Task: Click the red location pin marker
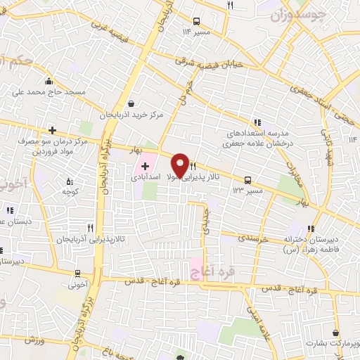click(x=180, y=165)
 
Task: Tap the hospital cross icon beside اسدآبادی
click(x=145, y=167)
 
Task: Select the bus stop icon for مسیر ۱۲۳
click(x=247, y=180)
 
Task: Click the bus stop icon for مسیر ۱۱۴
click(x=195, y=21)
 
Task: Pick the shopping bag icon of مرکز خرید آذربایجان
click(x=131, y=103)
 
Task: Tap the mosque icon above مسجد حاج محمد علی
click(x=48, y=81)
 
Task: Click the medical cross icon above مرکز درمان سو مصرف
click(x=52, y=130)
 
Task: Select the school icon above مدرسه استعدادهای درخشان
click(x=257, y=121)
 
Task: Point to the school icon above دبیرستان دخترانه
click(x=309, y=229)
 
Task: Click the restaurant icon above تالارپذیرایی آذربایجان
click(x=90, y=228)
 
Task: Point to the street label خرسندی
click(x=254, y=238)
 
